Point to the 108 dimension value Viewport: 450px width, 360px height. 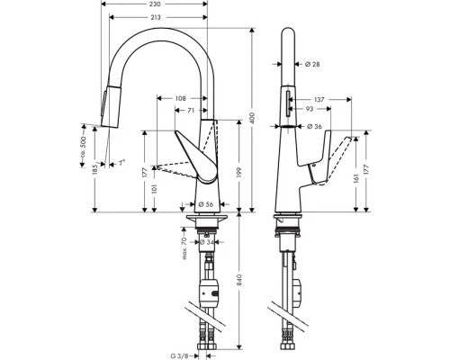180,97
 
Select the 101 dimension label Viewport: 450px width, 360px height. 156,189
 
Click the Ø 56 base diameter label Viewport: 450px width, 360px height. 204,203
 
